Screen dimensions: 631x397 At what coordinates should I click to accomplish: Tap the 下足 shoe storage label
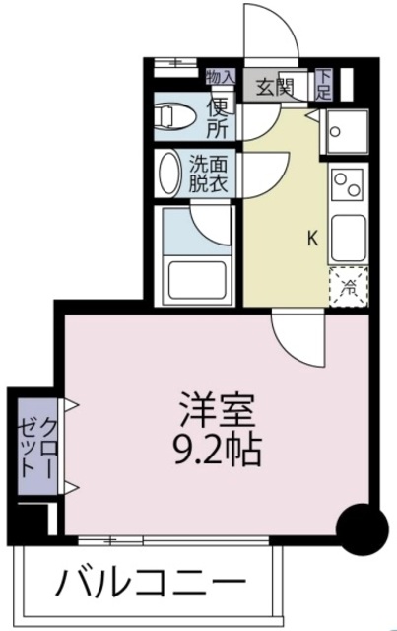[x=323, y=86]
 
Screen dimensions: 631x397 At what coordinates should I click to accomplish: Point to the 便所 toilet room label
[x=218, y=116]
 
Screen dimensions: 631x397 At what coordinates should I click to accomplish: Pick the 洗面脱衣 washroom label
[x=208, y=174]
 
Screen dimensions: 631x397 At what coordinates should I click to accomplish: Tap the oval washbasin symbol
[x=167, y=174]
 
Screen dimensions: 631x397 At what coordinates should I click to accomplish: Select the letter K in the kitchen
[x=312, y=238]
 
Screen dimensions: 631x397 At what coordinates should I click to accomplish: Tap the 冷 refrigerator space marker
[x=349, y=287]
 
